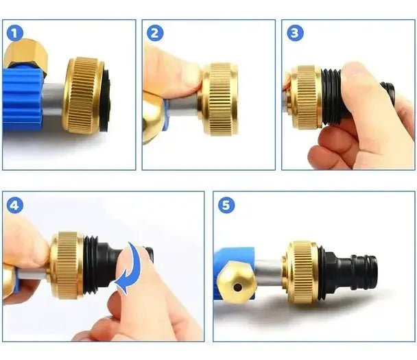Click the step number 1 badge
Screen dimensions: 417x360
(x=15, y=33)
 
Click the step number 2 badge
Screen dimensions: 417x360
(x=155, y=33)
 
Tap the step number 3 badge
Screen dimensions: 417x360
(x=295, y=33)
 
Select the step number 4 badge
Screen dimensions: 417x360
(x=15, y=205)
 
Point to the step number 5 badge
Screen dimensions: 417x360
(x=226, y=205)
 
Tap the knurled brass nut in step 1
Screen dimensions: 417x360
(x=83, y=95)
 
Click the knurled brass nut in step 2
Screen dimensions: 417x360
(x=219, y=99)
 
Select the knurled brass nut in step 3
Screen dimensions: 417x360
(x=306, y=97)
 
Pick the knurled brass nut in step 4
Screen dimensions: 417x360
(x=67, y=265)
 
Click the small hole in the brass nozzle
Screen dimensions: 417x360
(x=237, y=287)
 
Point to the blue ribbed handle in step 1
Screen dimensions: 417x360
(x=23, y=99)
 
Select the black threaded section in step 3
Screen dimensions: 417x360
(x=333, y=97)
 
